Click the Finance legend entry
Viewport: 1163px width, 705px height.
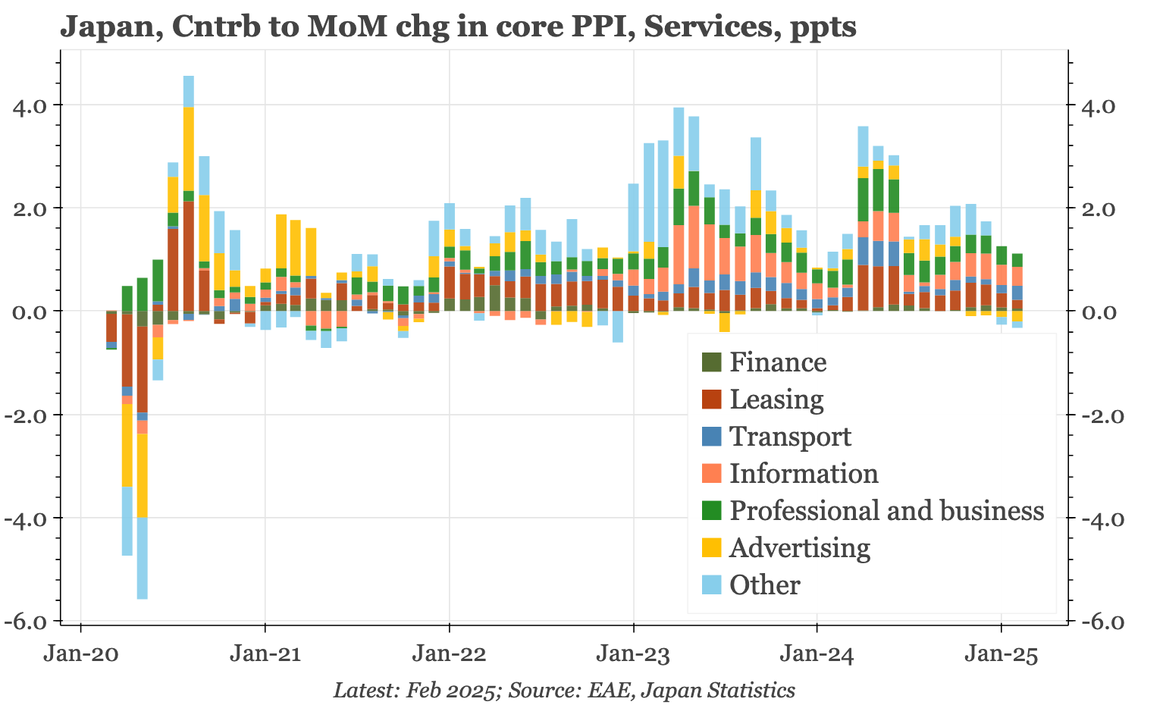click(x=777, y=362)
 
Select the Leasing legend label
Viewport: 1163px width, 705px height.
click(x=776, y=399)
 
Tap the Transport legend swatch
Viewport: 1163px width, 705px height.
click(x=712, y=437)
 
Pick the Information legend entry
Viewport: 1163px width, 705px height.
click(x=803, y=474)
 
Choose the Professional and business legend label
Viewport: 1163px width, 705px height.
click(x=886, y=511)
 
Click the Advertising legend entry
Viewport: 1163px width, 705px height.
click(x=799, y=547)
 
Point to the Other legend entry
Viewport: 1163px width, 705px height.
click(x=764, y=585)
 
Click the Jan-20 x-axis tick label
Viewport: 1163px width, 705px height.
click(x=80, y=654)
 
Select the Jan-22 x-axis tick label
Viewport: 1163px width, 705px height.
click(x=449, y=654)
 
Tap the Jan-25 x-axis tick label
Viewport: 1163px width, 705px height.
click(x=1002, y=654)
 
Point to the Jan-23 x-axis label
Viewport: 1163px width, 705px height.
click(x=633, y=654)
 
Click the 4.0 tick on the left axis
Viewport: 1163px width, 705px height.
click(x=35, y=105)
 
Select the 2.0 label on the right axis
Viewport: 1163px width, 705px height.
click(x=1094, y=208)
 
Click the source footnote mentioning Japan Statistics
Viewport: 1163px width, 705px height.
click(x=564, y=690)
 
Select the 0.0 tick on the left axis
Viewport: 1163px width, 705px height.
click(x=35, y=312)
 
